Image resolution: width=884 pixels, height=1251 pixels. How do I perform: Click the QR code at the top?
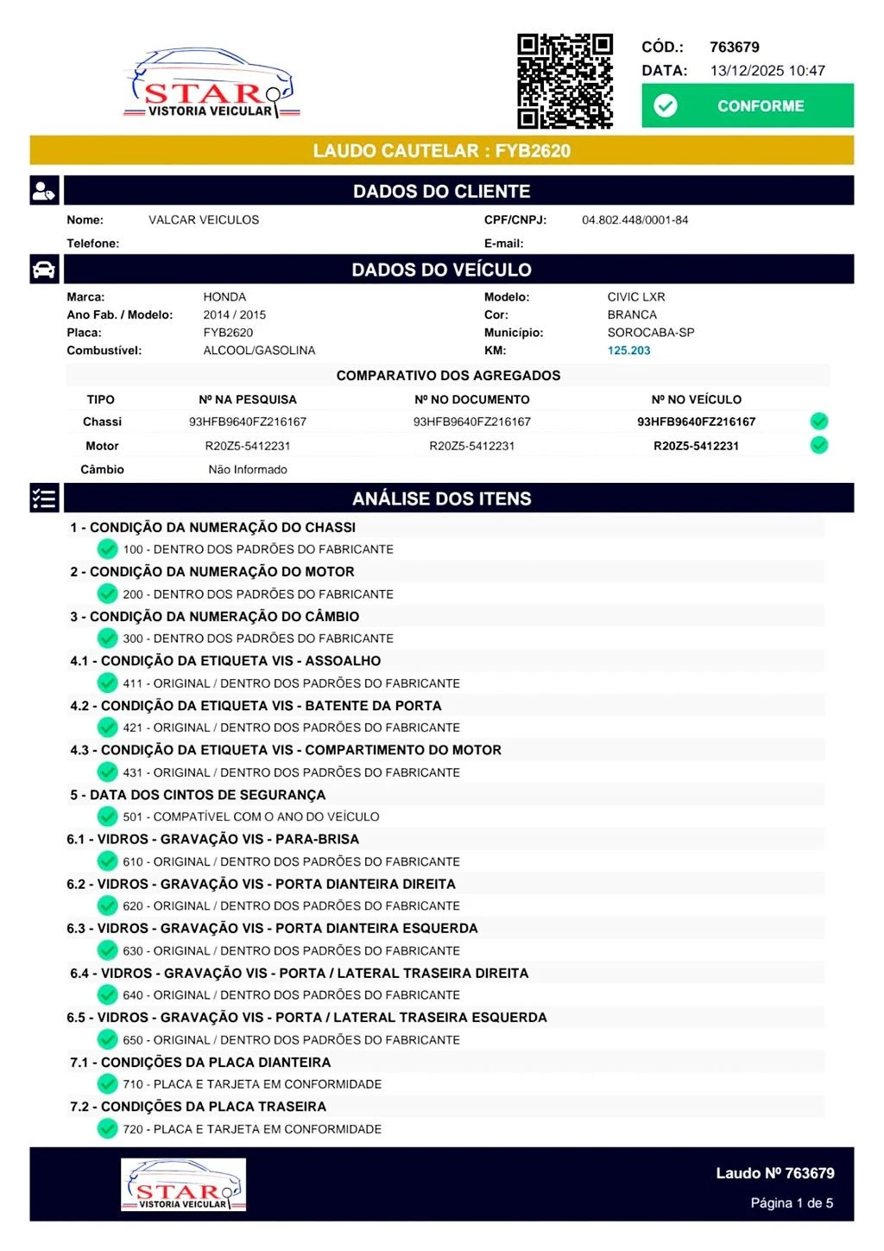pyautogui.click(x=565, y=81)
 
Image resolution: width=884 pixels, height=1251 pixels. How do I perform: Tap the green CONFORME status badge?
pyautogui.click(x=747, y=105)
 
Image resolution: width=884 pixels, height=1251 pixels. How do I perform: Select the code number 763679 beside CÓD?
pyautogui.click(x=734, y=48)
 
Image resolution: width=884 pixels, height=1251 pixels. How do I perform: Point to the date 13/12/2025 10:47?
pyautogui.click(x=767, y=71)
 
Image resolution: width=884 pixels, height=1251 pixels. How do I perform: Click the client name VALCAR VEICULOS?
pyautogui.click(x=204, y=220)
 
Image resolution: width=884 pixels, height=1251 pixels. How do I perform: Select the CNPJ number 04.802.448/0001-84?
pyautogui.click(x=635, y=220)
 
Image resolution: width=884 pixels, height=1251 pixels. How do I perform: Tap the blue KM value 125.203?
pyautogui.click(x=628, y=351)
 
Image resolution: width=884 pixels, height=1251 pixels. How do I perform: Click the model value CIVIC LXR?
pyautogui.click(x=635, y=297)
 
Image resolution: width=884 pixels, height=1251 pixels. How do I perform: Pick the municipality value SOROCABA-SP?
pyautogui.click(x=650, y=333)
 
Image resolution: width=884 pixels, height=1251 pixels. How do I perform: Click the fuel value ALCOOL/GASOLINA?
pyautogui.click(x=259, y=351)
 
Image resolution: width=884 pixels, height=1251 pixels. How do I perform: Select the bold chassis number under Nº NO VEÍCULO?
pyautogui.click(x=696, y=422)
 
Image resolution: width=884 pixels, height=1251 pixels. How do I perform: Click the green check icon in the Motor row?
pyautogui.click(x=819, y=445)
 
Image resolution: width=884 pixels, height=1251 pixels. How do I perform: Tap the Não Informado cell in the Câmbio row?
pyautogui.click(x=248, y=470)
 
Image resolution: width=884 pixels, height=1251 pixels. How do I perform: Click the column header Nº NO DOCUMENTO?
pyautogui.click(x=471, y=399)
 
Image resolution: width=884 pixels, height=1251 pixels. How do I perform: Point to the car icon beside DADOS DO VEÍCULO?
pyautogui.click(x=44, y=270)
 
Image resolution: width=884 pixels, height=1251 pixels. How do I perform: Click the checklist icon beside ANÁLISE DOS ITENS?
pyautogui.click(x=44, y=498)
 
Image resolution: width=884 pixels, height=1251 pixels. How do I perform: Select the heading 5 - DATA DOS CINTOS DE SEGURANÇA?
pyautogui.click(x=198, y=795)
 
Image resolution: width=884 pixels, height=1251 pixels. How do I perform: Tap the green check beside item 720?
pyautogui.click(x=107, y=1128)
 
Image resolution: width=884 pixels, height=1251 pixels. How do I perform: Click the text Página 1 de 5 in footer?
pyautogui.click(x=791, y=1203)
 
